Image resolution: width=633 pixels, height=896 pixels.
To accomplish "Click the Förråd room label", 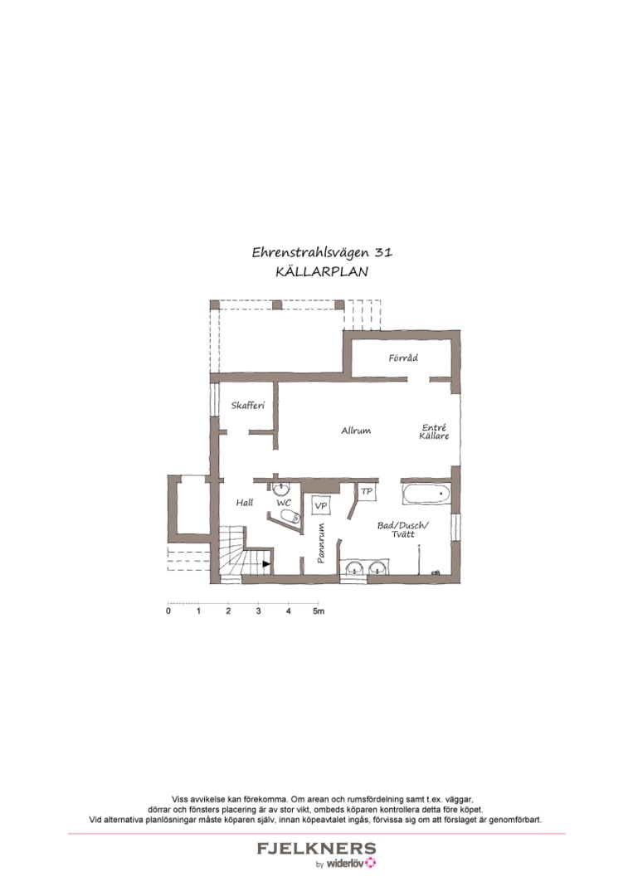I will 403,358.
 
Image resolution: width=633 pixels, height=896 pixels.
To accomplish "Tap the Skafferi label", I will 247,406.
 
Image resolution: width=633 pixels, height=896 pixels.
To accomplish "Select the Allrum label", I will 356,431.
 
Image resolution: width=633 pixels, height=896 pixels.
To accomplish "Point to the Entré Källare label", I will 435,432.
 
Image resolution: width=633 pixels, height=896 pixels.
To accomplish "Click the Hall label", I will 244,503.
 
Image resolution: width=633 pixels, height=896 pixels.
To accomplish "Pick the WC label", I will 284,503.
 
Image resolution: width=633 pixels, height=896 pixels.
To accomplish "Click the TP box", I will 367,492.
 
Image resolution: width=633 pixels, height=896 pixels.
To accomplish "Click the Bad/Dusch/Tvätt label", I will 402,529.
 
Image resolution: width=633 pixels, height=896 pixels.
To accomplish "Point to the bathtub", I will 426,496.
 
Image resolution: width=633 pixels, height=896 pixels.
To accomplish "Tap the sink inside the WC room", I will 281,488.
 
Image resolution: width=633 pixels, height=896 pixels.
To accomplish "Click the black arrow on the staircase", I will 266,564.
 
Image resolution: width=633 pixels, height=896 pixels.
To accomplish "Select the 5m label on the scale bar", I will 318,611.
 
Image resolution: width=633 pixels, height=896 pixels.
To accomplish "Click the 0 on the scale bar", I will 168,611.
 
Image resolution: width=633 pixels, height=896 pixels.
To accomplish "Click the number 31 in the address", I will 382,252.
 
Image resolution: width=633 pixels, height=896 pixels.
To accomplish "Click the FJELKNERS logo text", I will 316,849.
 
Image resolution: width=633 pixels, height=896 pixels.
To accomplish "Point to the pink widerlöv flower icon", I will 371,863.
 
